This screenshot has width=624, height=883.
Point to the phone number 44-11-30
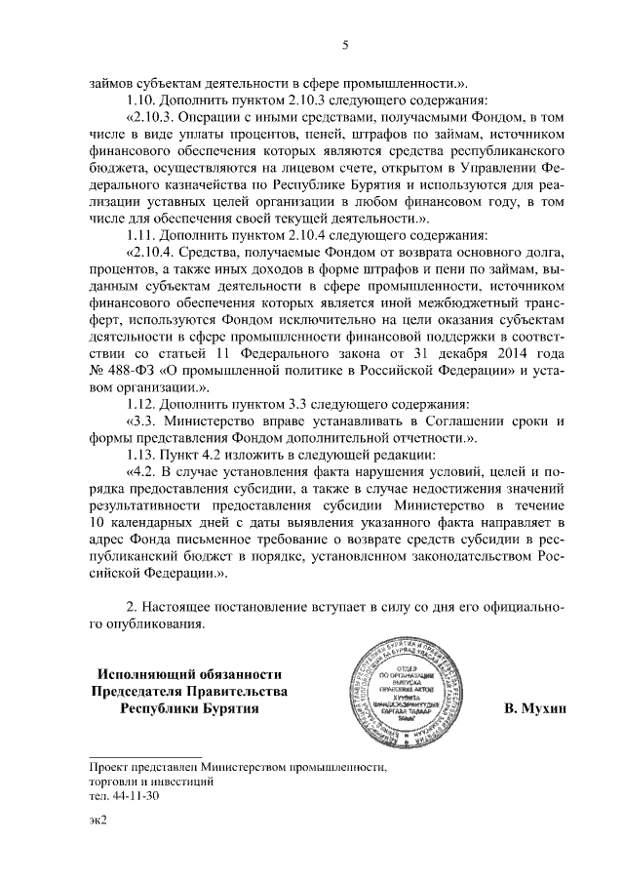(x=136, y=796)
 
